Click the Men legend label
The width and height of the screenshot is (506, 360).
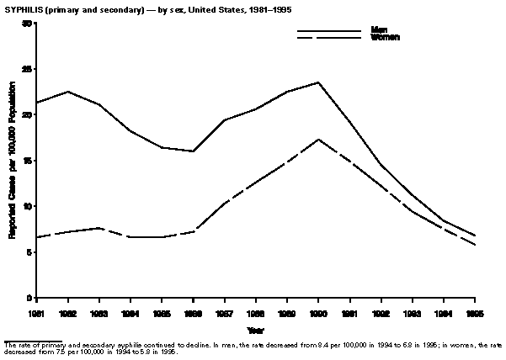379,30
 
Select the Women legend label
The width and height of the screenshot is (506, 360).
385,38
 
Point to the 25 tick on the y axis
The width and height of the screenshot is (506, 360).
28,69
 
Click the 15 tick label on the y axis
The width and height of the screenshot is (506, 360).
28,161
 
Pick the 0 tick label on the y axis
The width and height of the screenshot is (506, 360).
30,298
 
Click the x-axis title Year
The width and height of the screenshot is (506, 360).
255,329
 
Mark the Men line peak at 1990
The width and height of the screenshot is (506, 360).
318,82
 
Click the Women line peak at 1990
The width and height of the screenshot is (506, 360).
318,139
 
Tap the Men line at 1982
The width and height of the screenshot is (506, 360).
68,91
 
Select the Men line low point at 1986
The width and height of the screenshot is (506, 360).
194,151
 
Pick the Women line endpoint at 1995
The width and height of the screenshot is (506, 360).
476,245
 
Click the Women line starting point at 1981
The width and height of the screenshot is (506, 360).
37,237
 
